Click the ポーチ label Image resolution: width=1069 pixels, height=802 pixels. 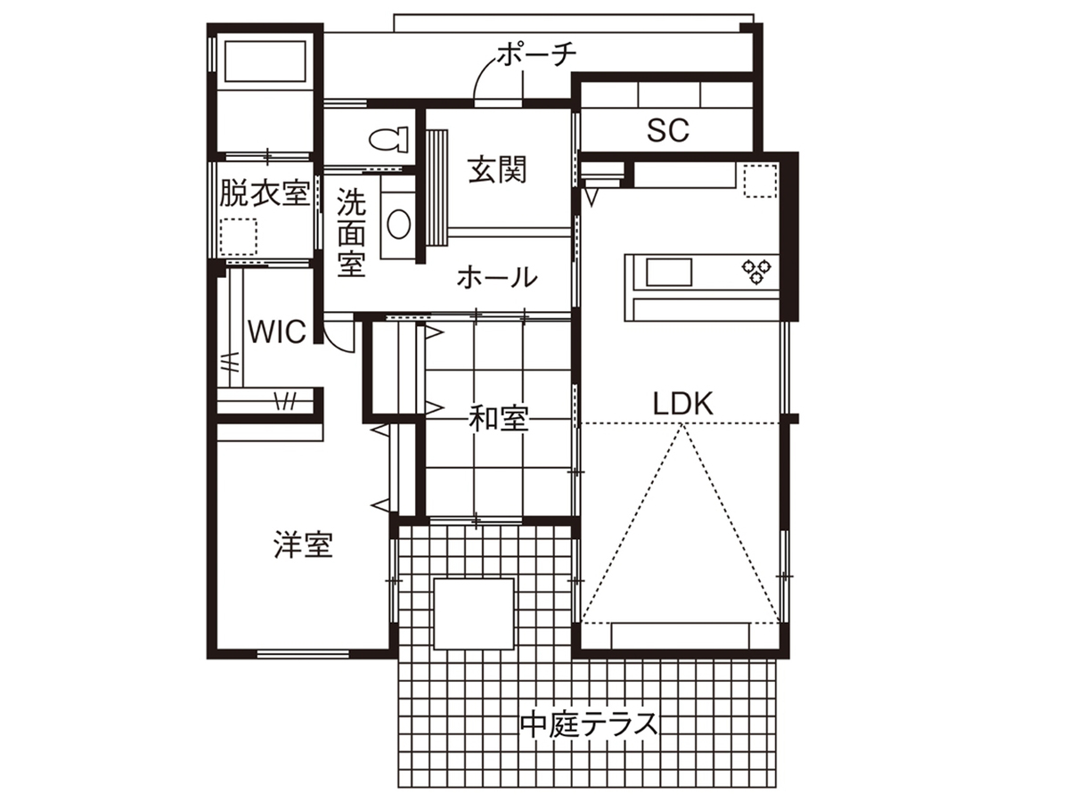click(x=537, y=54)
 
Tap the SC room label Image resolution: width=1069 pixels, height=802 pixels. click(x=668, y=130)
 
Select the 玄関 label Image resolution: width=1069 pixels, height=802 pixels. click(x=498, y=169)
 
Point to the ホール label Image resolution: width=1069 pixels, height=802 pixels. click(x=497, y=277)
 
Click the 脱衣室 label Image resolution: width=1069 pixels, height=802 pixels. click(x=265, y=192)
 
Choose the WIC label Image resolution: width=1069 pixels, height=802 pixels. click(x=277, y=332)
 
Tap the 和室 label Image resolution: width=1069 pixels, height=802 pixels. click(x=498, y=419)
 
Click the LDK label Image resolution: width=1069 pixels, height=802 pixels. click(x=682, y=404)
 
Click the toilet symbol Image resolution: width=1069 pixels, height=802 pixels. click(x=388, y=139)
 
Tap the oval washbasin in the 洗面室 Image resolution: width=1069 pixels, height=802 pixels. click(x=398, y=224)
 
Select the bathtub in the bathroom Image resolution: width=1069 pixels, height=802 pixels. click(x=265, y=61)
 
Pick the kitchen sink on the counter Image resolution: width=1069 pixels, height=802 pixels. click(x=669, y=272)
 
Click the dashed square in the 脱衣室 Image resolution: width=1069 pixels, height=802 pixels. click(x=239, y=237)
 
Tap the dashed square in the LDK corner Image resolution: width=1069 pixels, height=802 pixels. click(x=760, y=181)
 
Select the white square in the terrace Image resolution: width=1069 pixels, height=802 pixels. click(x=474, y=614)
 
